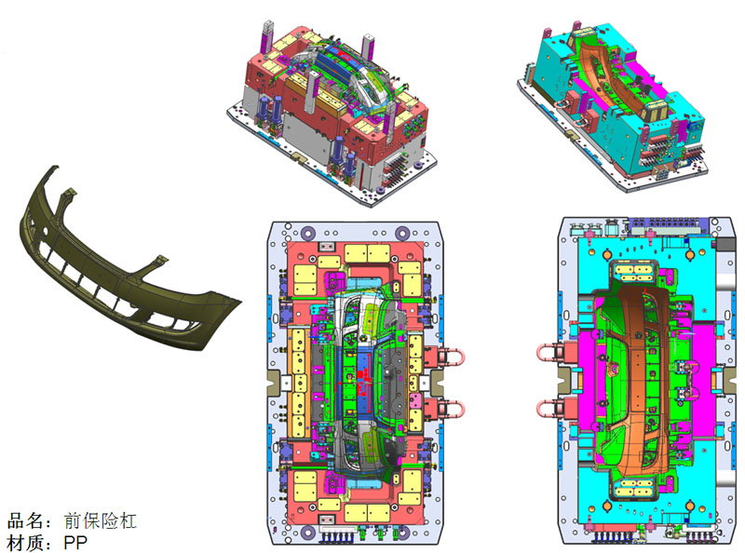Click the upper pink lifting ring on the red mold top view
click(x=452, y=357)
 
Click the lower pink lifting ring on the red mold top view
click(x=452, y=406)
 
